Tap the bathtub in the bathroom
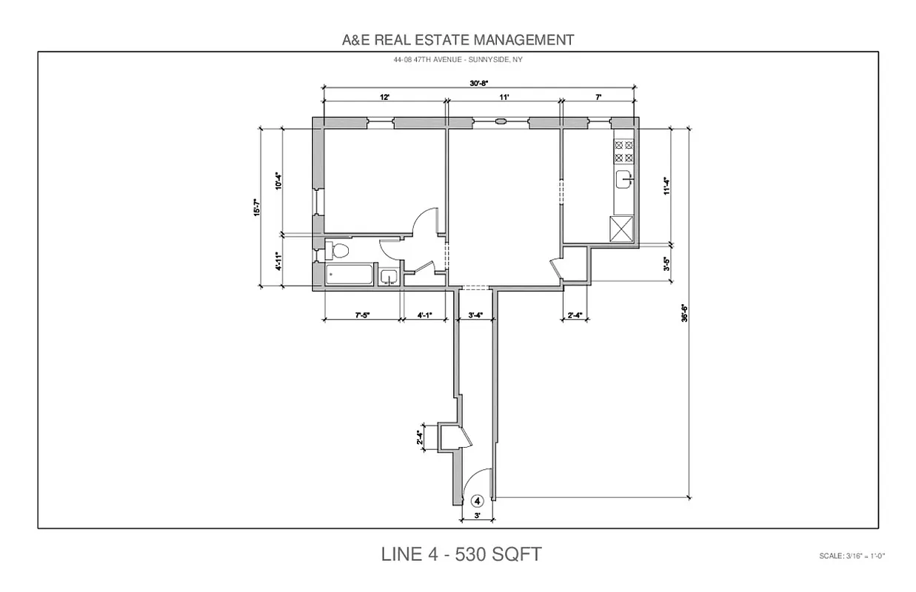[349, 275]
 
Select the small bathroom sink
[389, 277]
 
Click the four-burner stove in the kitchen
[624, 151]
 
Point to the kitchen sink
[625, 178]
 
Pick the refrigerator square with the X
[621, 228]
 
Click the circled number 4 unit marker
[478, 501]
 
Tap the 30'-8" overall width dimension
[479, 84]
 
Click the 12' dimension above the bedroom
[385, 97]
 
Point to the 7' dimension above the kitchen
[598, 97]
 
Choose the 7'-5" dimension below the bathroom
[362, 315]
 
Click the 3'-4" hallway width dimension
[476, 315]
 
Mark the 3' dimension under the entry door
[478, 515]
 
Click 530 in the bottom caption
[468, 554]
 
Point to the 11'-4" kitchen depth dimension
[666, 185]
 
